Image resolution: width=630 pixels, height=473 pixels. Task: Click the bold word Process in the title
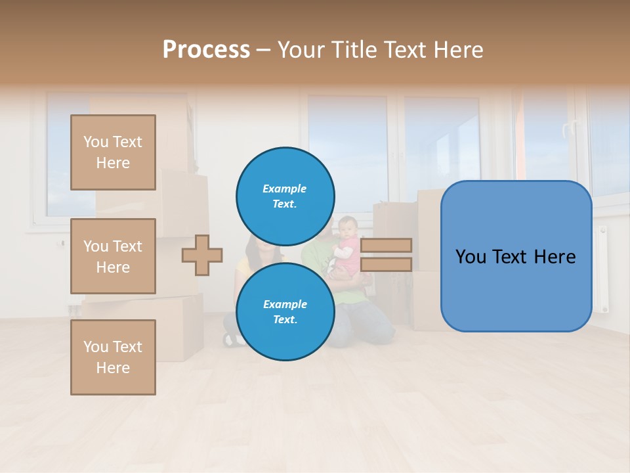[206, 50]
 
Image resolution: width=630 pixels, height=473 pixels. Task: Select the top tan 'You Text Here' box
[113, 152]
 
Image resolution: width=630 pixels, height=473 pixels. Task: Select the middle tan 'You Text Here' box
[113, 256]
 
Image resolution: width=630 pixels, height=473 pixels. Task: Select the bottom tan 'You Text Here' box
[113, 357]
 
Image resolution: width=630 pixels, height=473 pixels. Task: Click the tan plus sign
[202, 255]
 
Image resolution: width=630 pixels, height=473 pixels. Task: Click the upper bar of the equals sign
[386, 245]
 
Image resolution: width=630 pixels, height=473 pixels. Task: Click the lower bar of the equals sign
[386, 265]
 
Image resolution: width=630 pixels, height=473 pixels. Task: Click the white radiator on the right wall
[602, 269]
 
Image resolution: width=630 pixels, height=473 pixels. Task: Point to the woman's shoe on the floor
[231, 339]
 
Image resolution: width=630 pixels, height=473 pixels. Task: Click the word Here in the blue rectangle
[553, 257]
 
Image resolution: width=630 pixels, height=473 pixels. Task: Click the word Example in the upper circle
[284, 189]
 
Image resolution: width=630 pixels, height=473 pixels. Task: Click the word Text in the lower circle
[284, 320]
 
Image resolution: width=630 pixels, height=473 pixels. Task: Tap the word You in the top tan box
[96, 142]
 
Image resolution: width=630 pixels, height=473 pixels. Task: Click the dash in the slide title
[264, 50]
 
